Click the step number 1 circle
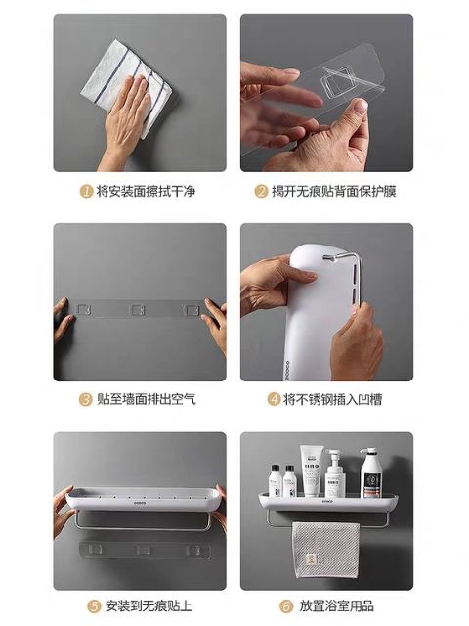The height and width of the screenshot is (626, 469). pos(86,192)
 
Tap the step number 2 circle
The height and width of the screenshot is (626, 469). pos(261,192)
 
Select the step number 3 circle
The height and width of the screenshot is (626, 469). pos(85,399)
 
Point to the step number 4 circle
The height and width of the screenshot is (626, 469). pos(274,399)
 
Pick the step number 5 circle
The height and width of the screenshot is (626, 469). pos(94,606)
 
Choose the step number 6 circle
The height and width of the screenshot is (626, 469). pos(286,606)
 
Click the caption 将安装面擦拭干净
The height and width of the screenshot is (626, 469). pos(146,192)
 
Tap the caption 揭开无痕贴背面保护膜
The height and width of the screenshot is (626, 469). pos(333,192)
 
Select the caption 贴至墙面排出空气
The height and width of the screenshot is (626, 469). pos(147,399)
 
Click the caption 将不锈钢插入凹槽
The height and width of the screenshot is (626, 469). pos(332,399)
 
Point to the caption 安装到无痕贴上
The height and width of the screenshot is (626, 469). pos(149,606)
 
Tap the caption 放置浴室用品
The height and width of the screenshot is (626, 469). pos(336,606)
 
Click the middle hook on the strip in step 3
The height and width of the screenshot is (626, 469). pos(138,310)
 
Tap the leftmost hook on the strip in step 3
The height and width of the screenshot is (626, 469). pos(83,309)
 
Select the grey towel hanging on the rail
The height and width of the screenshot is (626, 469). pos(325,550)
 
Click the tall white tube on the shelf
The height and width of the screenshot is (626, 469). pos(311,470)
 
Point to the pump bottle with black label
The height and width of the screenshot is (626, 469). pos(370,472)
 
